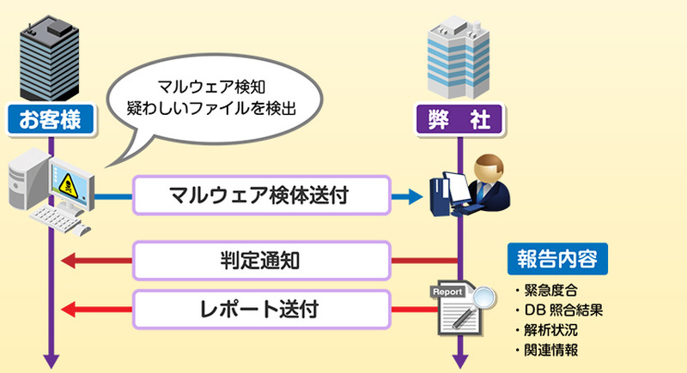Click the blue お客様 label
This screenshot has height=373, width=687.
click(x=50, y=119)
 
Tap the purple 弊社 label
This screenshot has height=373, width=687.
click(x=460, y=119)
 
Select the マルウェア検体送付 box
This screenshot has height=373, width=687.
click(x=261, y=196)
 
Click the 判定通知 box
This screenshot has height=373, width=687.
click(x=261, y=260)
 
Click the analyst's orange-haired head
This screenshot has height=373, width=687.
click(x=487, y=168)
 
